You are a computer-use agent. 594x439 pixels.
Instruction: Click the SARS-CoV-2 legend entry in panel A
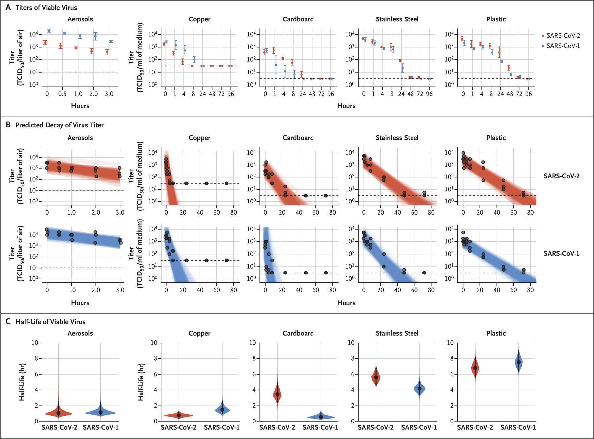pos(562,36)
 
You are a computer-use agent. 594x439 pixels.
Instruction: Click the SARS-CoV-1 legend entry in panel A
pos(562,46)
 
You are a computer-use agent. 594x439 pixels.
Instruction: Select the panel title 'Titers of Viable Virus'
pos(46,7)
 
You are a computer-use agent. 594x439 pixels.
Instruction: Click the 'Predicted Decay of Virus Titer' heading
pos(59,125)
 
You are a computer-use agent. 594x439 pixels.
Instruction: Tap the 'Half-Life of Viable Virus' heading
pos(50,322)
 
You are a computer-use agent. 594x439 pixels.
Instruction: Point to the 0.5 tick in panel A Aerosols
pos(62,94)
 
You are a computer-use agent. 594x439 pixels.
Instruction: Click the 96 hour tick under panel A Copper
pos(231,94)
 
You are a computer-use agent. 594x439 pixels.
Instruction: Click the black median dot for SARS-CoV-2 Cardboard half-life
pos(277,394)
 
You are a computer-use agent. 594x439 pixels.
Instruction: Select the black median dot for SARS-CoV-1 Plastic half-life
pos(518,362)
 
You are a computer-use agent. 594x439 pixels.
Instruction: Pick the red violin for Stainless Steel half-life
pos(376,377)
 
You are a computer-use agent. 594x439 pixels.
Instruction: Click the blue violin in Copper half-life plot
pos(222,410)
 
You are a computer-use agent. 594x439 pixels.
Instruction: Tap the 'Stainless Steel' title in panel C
pos(397,333)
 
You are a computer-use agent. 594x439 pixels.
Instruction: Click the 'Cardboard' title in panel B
pos(298,138)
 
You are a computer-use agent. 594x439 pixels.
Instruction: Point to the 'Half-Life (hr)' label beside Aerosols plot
pos(22,382)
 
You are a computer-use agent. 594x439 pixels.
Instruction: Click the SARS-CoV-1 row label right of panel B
pos(561,253)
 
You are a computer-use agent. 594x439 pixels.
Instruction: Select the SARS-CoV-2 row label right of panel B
pos(561,176)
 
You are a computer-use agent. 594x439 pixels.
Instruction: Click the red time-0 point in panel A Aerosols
pos(45,42)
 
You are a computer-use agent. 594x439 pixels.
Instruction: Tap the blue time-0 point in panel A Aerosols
pos(49,31)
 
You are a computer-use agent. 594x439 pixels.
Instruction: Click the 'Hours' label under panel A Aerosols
pos(80,106)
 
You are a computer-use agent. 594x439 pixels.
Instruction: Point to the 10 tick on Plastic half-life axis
pos(450,343)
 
